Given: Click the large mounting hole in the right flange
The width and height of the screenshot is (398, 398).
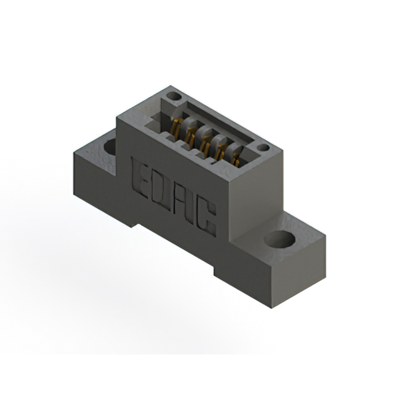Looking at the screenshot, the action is [279, 239].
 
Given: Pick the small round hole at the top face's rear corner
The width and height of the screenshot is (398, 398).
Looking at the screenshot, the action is [174, 97].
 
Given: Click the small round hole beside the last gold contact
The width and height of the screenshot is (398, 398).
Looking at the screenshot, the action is [264, 148].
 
